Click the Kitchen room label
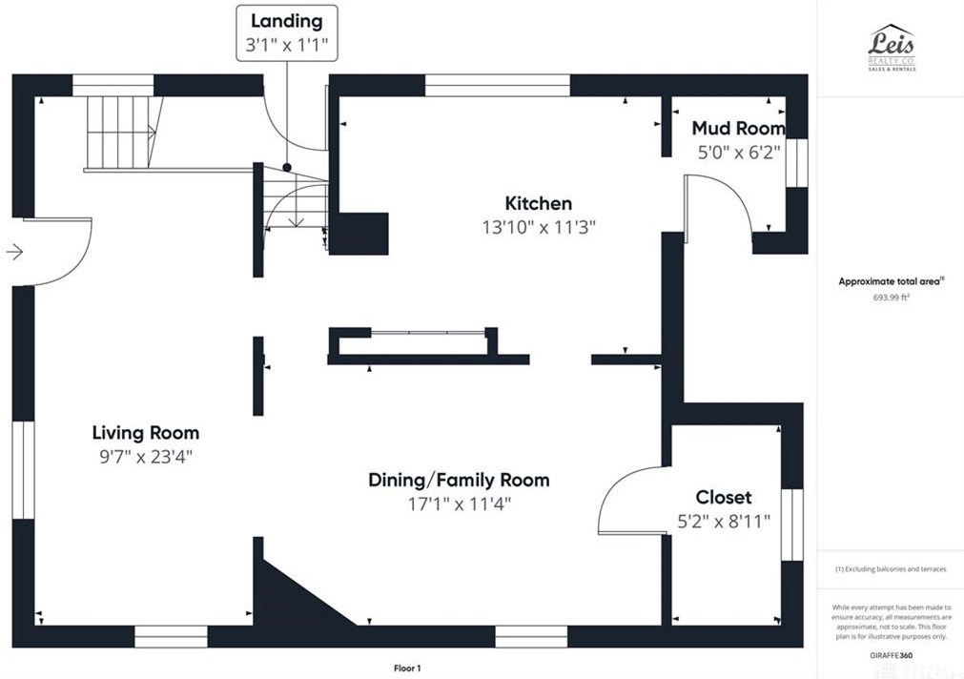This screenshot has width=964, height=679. pos(538,203)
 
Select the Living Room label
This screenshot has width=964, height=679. pos(146,433)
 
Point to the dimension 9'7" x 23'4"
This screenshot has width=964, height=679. pos(145,456)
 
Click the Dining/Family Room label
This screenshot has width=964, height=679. pos(459,480)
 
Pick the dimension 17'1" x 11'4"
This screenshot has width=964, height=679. pos(459,504)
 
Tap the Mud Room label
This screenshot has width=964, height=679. pos(738,128)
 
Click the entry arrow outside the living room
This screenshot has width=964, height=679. pos(14,252)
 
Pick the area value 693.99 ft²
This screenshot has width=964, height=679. pos(891,297)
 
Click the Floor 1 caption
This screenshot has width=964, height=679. pos(407,668)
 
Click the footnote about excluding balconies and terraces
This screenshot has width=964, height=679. pos(891,569)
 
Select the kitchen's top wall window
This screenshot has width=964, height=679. pos(497,85)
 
